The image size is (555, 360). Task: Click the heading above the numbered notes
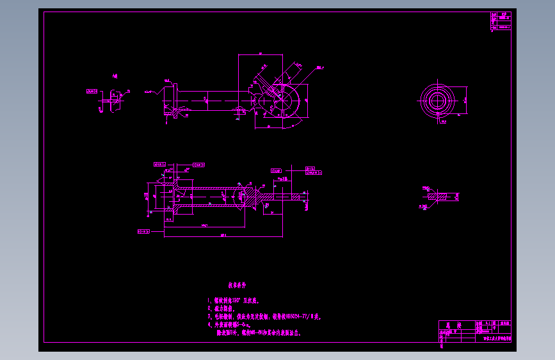pyautogui.click(x=237, y=284)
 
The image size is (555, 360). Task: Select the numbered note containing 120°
pyautogui.click(x=233, y=300)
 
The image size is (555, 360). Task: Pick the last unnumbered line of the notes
pyautogui.click(x=259, y=333)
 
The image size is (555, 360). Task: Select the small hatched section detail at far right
pyautogui.click(x=441, y=196)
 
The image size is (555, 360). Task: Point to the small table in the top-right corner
pyautogui.click(x=501, y=21)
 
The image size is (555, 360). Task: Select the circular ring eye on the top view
pyautogui.click(x=284, y=100)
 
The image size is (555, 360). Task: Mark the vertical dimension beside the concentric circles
pyautogui.click(x=464, y=101)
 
